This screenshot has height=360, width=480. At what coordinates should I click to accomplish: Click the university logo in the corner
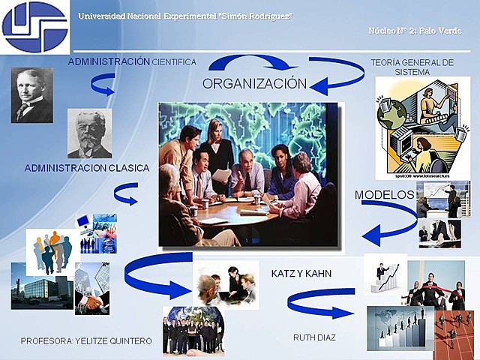click(x=34, y=27)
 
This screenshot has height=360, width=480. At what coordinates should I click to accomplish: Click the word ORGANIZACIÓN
click(x=254, y=83)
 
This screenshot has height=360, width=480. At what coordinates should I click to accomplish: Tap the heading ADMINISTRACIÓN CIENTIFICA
click(x=132, y=61)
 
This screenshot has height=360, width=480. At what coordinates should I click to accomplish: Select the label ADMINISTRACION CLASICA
click(x=86, y=168)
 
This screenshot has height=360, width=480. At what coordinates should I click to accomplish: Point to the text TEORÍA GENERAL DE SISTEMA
click(x=412, y=67)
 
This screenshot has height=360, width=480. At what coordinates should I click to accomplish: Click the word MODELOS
click(x=384, y=194)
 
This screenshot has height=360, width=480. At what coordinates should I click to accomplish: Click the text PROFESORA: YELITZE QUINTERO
click(x=86, y=341)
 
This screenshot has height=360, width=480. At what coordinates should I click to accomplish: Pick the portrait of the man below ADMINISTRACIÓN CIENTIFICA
click(x=31, y=95)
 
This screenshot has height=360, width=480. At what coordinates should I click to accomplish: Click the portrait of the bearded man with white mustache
click(x=89, y=133)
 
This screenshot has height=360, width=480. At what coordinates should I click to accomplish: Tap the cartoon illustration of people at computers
click(x=421, y=127)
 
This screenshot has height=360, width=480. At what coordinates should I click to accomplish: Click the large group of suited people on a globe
click(x=193, y=330)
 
